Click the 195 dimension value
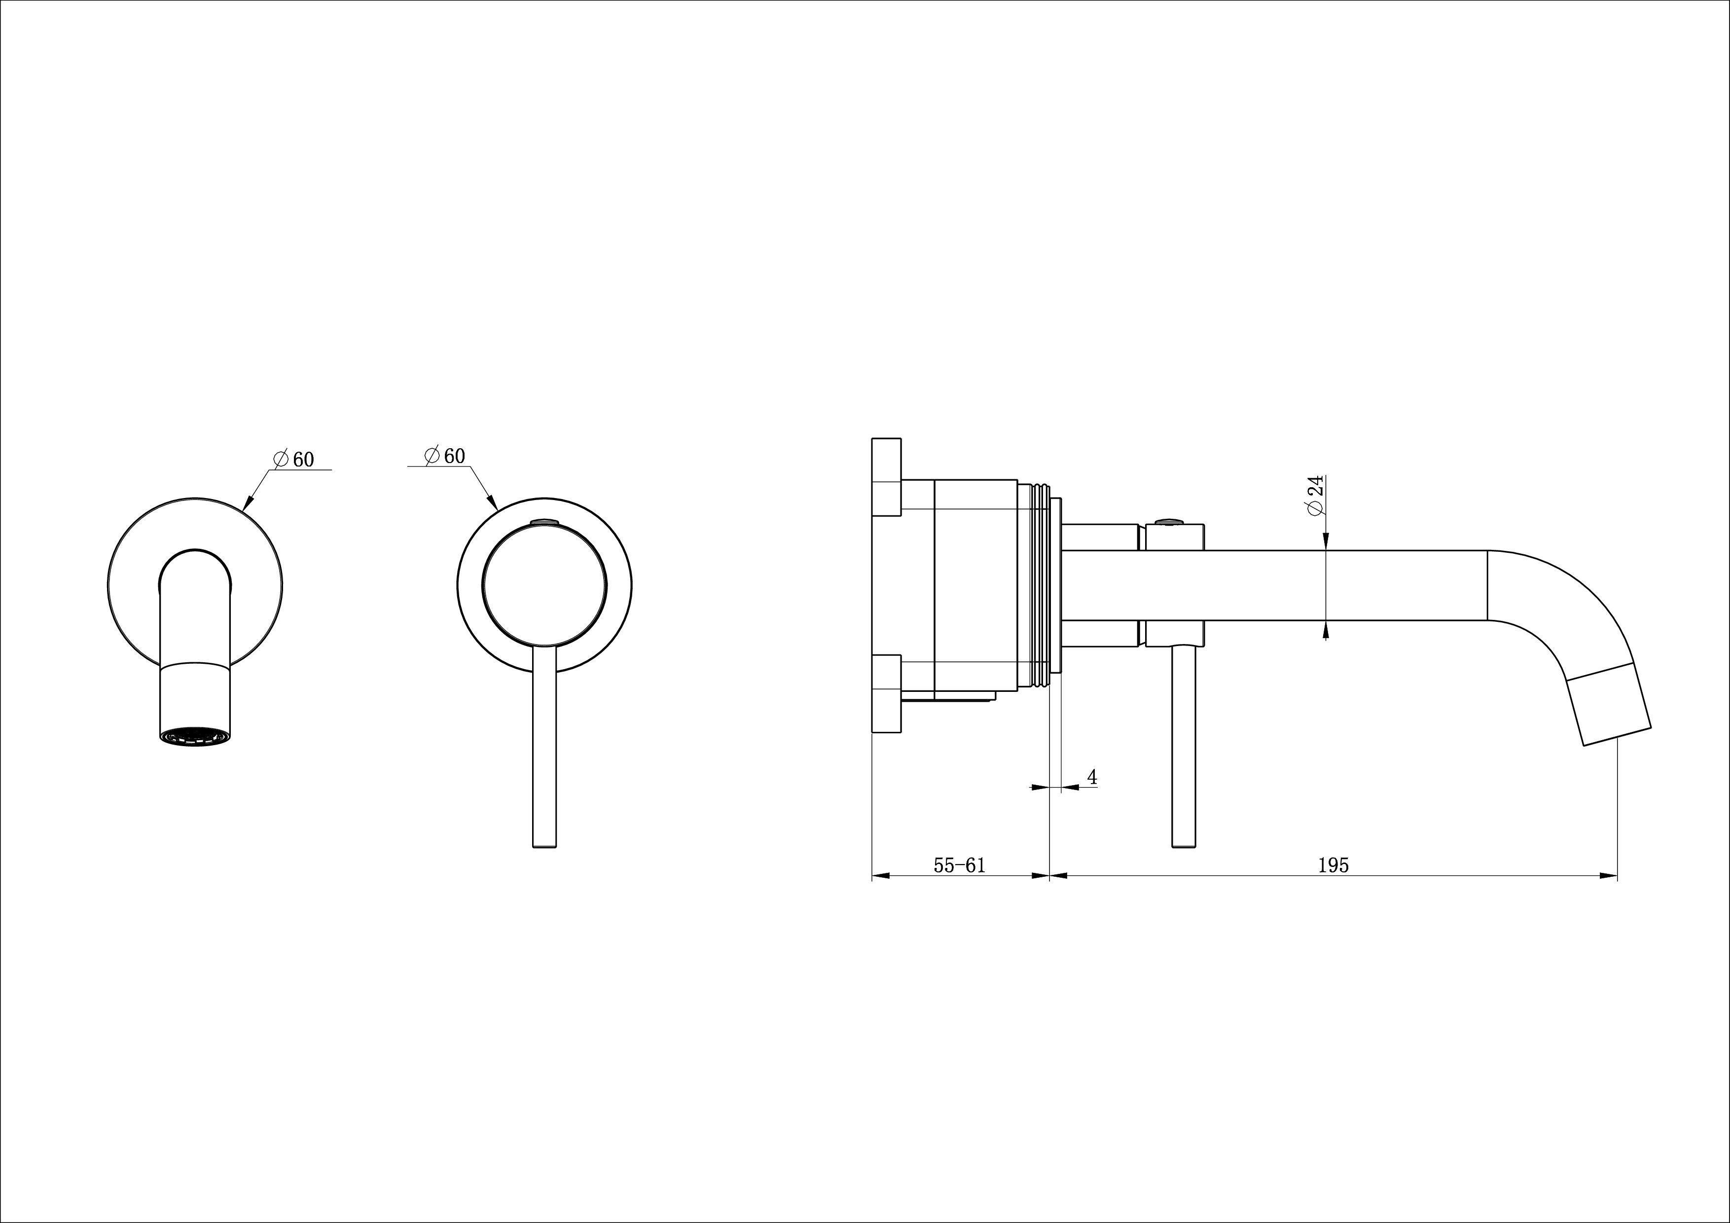1333,866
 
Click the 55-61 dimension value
959,866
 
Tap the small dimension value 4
1092,777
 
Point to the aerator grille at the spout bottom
195,735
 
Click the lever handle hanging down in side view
1183,746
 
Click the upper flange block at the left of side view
886,476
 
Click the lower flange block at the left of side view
886,692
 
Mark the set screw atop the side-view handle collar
1169,521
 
